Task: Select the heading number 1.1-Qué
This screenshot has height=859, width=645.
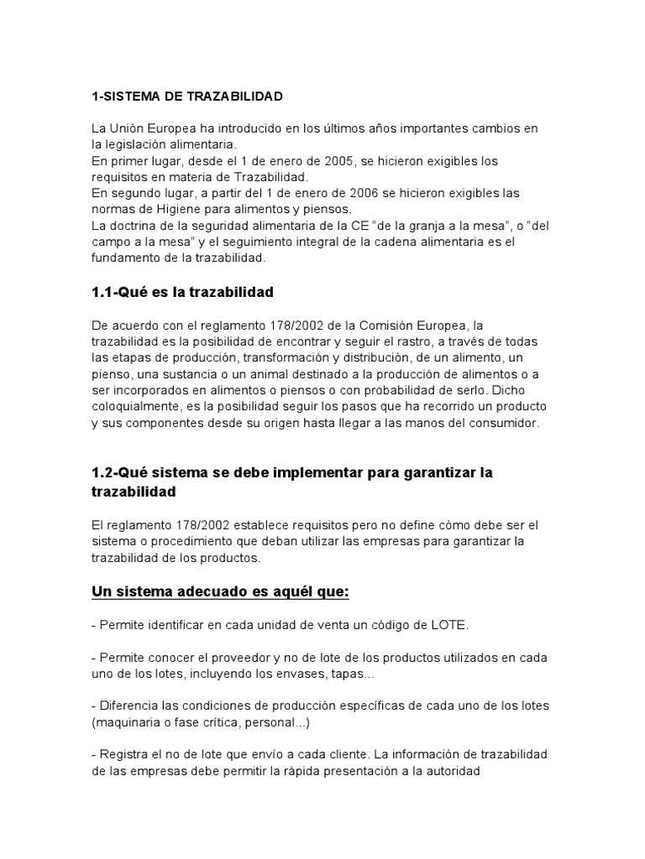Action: coord(117,293)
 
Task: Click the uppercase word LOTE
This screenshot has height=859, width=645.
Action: coord(427,626)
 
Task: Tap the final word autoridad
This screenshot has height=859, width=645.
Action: coord(446,771)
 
